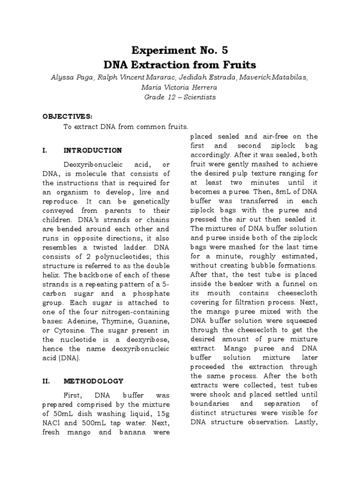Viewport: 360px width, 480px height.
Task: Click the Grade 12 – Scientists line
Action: coord(180,97)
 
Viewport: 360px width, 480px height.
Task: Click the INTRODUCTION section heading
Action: coord(92,150)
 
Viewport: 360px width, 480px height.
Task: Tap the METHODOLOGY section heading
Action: coord(93,381)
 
